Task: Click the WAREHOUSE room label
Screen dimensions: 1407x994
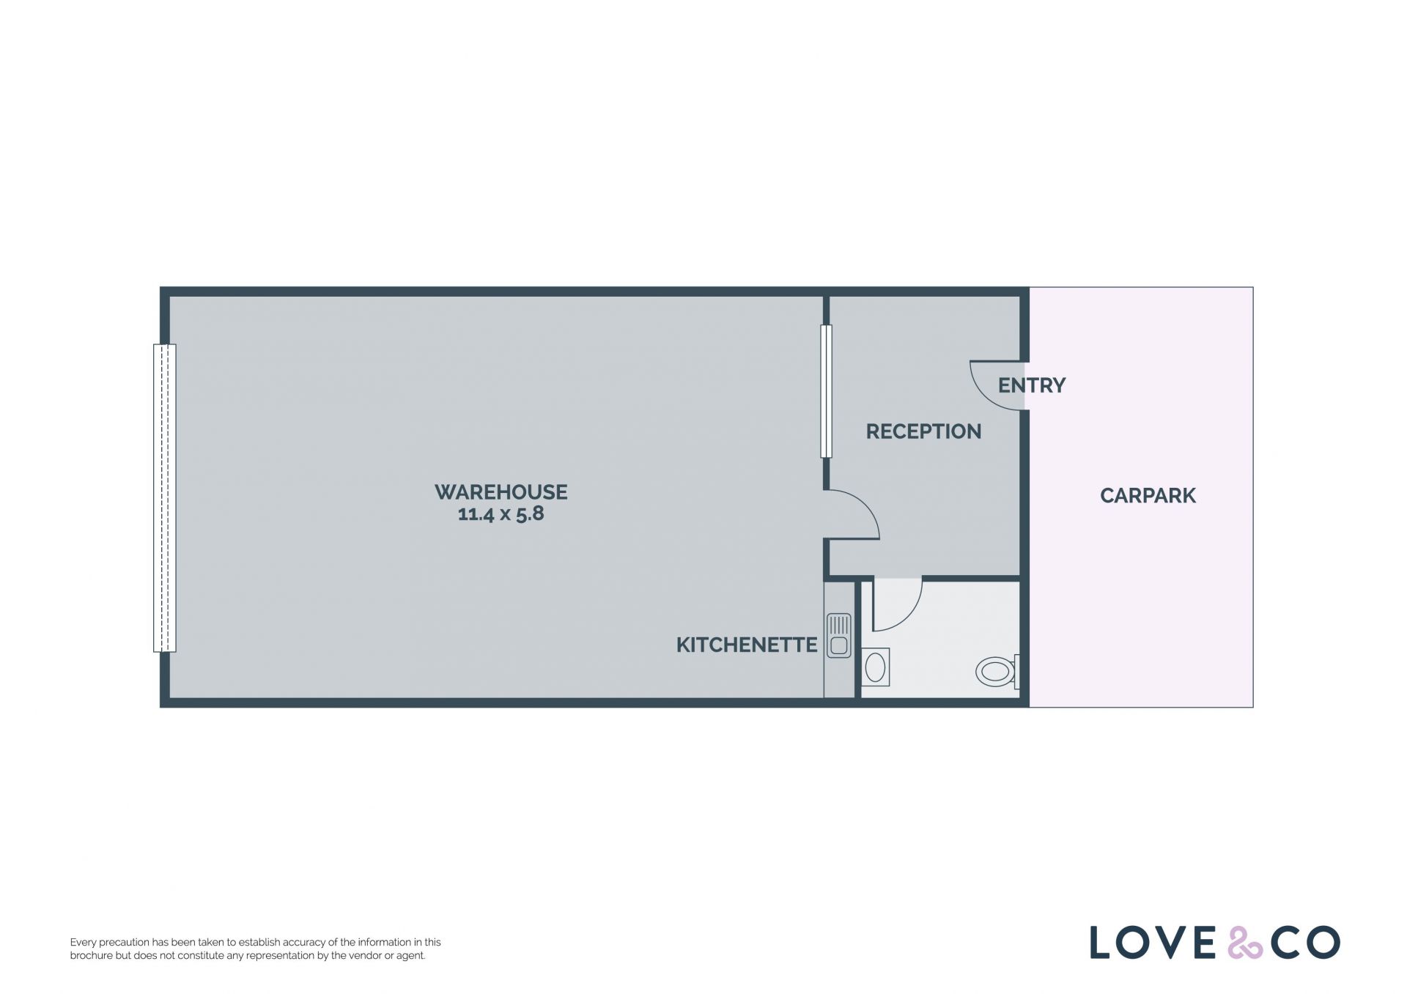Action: coord(501,492)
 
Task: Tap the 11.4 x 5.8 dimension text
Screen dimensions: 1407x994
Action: coord(501,514)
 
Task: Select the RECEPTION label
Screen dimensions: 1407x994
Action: coord(923,431)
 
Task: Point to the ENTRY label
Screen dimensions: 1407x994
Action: coord(1032,385)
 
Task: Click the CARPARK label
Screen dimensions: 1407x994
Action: coord(1148,496)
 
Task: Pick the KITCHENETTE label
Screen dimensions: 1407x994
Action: coord(747,645)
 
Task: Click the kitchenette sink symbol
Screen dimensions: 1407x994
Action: coord(839,636)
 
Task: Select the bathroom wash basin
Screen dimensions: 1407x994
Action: coord(875,667)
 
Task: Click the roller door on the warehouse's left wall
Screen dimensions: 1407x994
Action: coord(165,498)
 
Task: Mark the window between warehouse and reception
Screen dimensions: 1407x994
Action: coord(826,391)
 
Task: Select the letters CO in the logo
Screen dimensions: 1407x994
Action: coord(1305,943)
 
